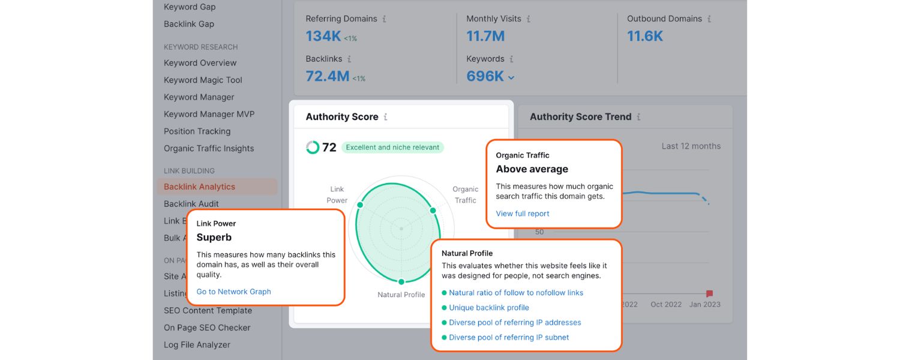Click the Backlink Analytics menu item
[x=199, y=187]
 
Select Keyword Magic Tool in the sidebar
[x=203, y=80]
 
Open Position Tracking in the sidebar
[x=197, y=131]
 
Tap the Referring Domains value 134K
[x=323, y=36]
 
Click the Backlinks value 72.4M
[x=327, y=76]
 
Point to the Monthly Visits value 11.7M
[x=485, y=36]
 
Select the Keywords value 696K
[x=485, y=76]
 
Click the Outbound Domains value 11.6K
[x=645, y=36]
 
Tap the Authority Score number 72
[x=329, y=148]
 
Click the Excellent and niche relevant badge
[x=392, y=148]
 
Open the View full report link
[x=523, y=214]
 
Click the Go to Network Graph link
[x=233, y=292]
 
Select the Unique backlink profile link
[x=489, y=308]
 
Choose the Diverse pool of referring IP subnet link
[x=509, y=337]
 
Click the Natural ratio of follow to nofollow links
[x=516, y=293]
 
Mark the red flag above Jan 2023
[x=709, y=293]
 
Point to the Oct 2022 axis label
[x=666, y=304]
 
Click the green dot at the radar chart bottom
[x=401, y=281]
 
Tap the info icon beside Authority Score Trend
[x=638, y=117]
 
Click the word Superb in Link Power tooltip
[x=214, y=237]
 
